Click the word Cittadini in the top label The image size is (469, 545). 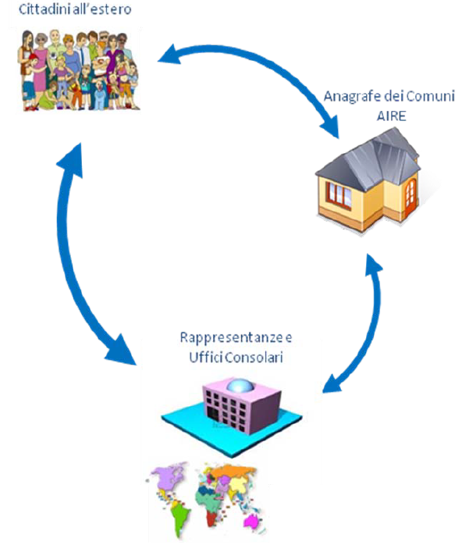(45, 11)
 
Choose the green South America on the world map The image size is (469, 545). (181, 515)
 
